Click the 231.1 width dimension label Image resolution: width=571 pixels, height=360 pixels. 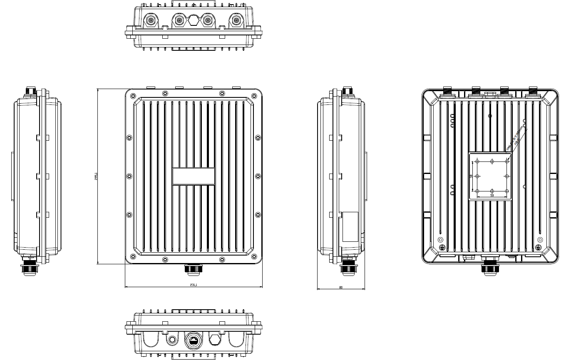[194, 285]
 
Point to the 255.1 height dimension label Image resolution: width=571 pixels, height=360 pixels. [95, 176]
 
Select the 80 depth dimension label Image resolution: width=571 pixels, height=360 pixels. [340, 287]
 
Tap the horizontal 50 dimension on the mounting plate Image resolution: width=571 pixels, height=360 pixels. [492, 195]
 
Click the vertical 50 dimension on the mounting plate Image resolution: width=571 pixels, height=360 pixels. [471, 176]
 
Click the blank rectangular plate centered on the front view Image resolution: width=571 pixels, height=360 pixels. [194, 176]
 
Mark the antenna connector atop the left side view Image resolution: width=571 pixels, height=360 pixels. [31, 91]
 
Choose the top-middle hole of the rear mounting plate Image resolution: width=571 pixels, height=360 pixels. [492, 161]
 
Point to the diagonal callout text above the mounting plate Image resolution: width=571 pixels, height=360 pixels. [514, 142]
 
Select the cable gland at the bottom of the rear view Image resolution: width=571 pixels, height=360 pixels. [490, 267]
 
